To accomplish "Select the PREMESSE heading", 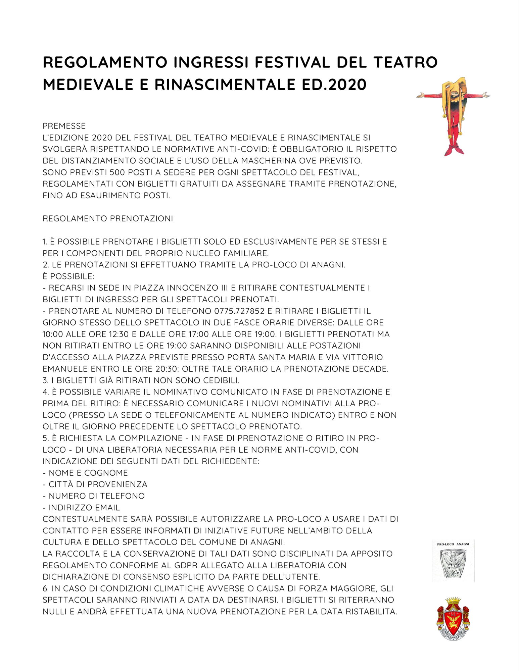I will point(64,126).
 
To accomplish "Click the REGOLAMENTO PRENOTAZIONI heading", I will point(108,218).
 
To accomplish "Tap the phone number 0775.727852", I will point(239,311).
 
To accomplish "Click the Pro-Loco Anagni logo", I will point(453,560).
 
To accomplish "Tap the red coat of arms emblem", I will point(453,618).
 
